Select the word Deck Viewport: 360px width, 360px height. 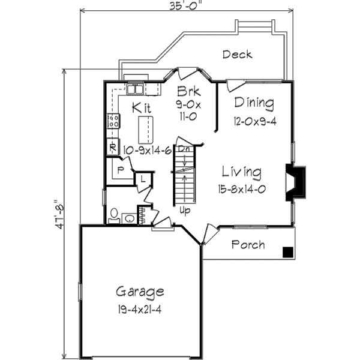(x=237, y=55)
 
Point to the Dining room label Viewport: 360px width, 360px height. (x=254, y=103)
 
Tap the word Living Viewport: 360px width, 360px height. (x=241, y=172)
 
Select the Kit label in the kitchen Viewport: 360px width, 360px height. (x=142, y=108)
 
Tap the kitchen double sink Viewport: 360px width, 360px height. (x=134, y=89)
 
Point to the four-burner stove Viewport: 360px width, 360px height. (x=112, y=121)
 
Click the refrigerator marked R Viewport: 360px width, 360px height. (x=112, y=146)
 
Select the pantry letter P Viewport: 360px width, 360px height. (x=121, y=170)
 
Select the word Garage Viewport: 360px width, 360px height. (x=140, y=292)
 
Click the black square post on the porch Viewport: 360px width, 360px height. (x=289, y=252)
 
